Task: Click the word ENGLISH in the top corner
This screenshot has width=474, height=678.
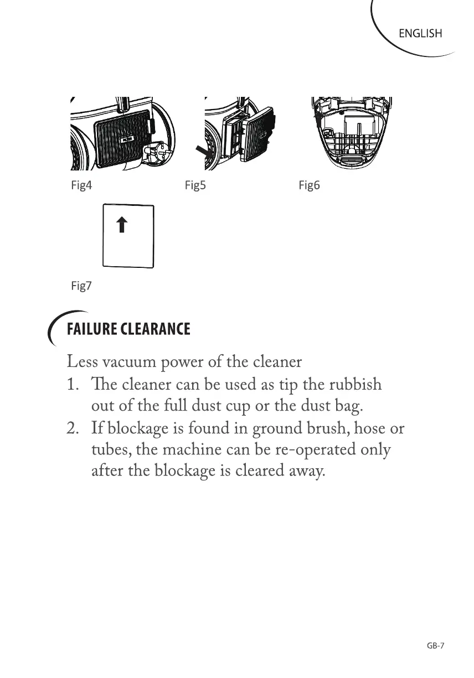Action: tap(420, 34)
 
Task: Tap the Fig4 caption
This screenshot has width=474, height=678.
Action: tap(81, 185)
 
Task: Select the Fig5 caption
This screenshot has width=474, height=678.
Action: tap(195, 185)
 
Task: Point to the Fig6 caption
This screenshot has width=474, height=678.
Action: tap(309, 185)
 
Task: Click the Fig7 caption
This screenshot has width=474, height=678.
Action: tap(81, 286)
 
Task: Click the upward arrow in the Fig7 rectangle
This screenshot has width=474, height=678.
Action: tap(122, 225)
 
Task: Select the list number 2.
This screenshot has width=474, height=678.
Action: tap(73, 428)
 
